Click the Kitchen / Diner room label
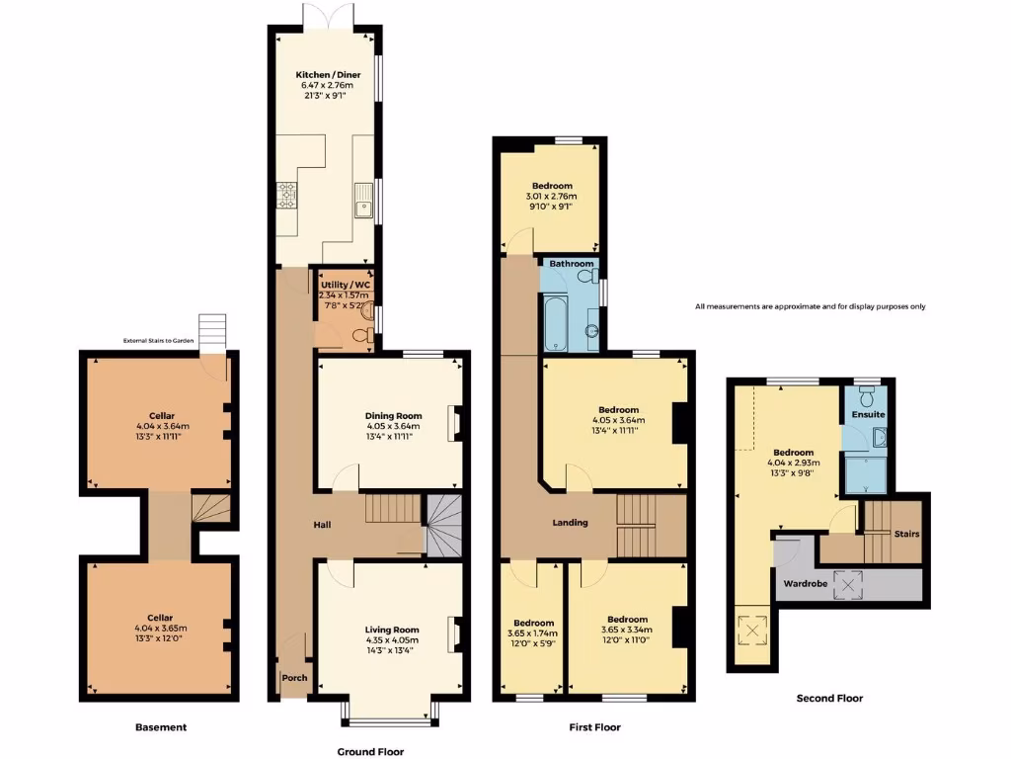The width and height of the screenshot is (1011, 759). click(327, 75)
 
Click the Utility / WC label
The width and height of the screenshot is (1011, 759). click(344, 285)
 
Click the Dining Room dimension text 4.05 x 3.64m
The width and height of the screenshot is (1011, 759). click(394, 427)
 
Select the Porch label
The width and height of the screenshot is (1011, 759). click(294, 678)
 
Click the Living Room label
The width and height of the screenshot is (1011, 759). click(393, 630)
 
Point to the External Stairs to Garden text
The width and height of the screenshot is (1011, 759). click(159, 341)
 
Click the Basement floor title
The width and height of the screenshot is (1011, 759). click(161, 727)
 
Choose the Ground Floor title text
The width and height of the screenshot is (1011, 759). click(370, 752)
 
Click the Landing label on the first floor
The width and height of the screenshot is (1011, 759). click(570, 523)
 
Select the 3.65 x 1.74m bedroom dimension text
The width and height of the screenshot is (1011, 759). click(531, 633)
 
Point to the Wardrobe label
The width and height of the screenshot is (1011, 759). click(806, 583)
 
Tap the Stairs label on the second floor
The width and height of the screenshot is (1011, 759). click(906, 534)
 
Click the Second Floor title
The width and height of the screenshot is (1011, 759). click(829, 699)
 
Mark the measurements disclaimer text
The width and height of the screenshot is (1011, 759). click(810, 306)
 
